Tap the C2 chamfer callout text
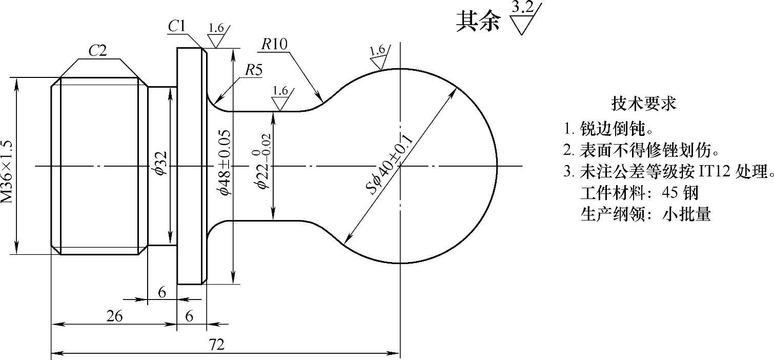tap(97, 51)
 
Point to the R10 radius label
tap(274, 44)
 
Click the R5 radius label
tap(253, 70)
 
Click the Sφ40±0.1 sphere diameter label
tap(390, 157)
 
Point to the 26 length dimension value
tap(114, 316)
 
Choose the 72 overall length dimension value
tap(217, 345)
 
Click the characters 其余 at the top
tap(478, 22)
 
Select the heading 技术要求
tap(644, 104)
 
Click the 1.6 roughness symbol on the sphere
tap(377, 51)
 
